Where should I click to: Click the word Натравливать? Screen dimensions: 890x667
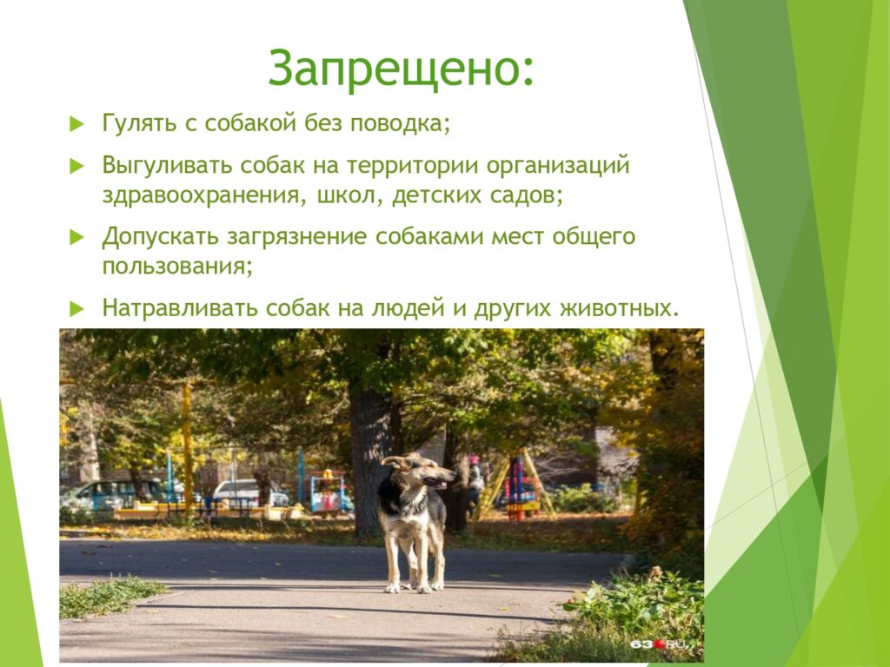pos(180,308)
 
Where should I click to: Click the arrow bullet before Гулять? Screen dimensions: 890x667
pos(76,124)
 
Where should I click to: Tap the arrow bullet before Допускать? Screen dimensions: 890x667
pos(76,238)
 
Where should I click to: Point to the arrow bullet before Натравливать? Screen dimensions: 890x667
pos(76,309)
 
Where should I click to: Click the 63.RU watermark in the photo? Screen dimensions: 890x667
pos(659,644)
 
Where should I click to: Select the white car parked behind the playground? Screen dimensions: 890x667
pos(249,492)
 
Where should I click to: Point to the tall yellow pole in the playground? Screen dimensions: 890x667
pos(188,448)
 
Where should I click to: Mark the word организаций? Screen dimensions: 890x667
pos(558,166)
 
